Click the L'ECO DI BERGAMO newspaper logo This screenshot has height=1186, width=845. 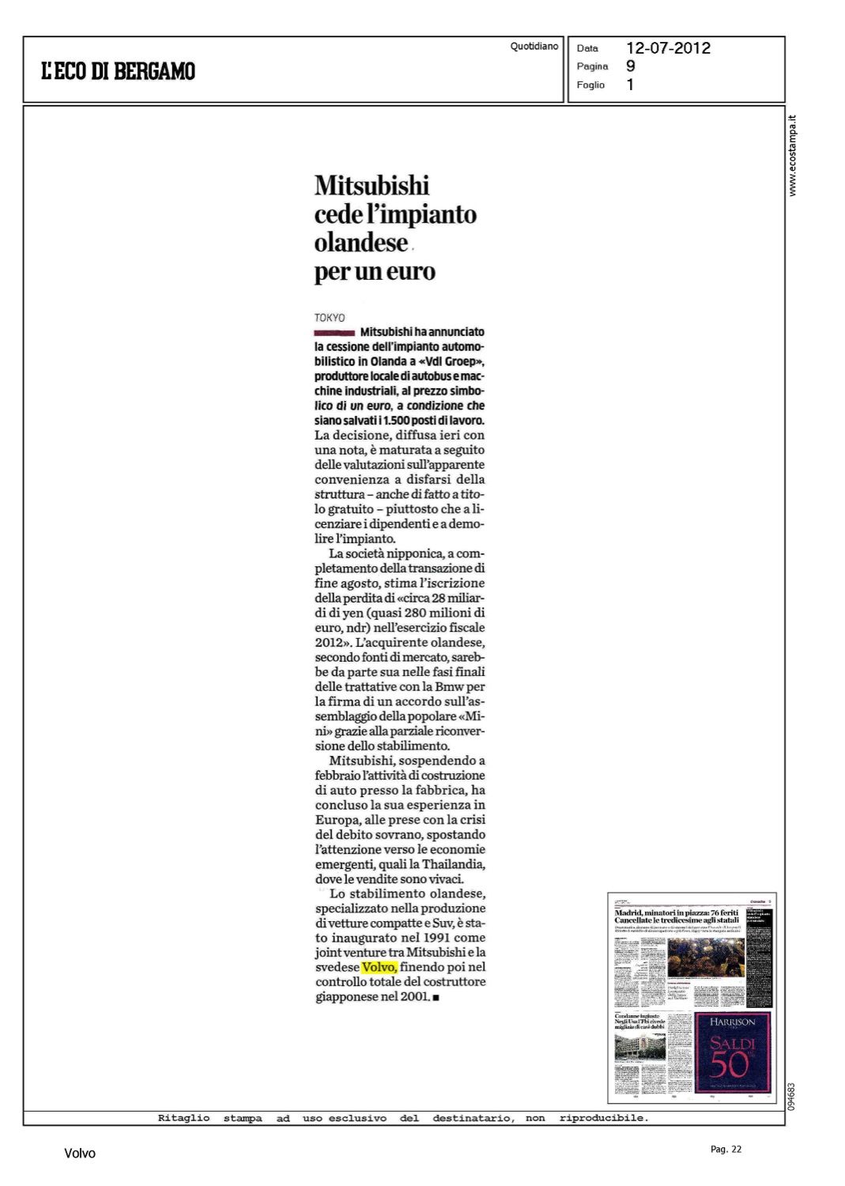coord(118,71)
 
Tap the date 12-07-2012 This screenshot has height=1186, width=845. coord(668,48)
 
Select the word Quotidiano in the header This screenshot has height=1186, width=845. coord(534,47)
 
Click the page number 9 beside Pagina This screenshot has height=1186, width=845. coord(630,66)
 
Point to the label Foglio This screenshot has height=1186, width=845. coord(590,85)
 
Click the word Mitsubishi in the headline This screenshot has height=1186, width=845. coord(372,186)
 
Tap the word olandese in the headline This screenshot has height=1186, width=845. coord(361,243)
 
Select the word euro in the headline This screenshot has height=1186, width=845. coord(410,271)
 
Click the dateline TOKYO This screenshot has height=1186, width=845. coord(330,318)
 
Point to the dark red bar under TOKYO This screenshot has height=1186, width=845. coord(334,333)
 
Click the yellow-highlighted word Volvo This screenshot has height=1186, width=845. coord(379,967)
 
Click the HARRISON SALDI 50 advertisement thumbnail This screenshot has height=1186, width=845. coord(732,1052)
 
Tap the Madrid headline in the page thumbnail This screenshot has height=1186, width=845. coord(677,916)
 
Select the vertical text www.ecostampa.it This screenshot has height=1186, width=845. coord(793,156)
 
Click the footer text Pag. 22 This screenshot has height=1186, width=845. coord(726,1149)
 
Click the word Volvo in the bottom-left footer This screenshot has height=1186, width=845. coord(80,1154)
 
